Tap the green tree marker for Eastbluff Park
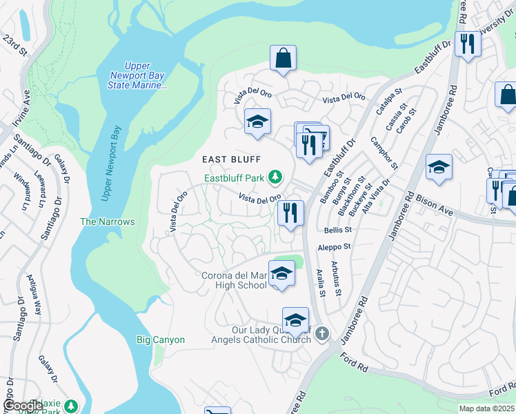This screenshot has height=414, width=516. point(275,178)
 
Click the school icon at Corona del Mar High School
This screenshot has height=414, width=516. point(281,274)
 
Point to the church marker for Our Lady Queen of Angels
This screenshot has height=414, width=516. point(321,335)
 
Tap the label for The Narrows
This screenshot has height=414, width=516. point(107,221)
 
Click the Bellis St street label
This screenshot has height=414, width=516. point(337,229)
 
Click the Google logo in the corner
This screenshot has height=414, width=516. point(24,406)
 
